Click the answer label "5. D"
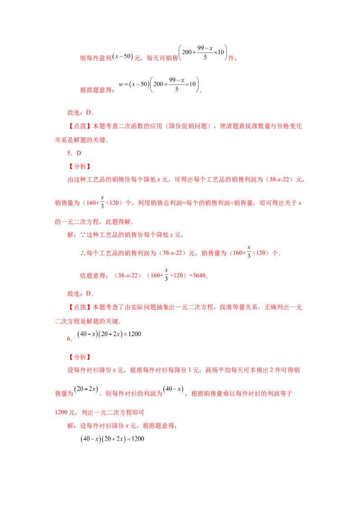coord(74,153)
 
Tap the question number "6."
coord(70,339)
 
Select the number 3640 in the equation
coord(199,275)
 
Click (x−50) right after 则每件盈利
coord(122,56)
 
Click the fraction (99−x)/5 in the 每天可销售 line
coord(205,53)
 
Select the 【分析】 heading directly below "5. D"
coord(80,166)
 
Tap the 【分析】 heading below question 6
coord(80,357)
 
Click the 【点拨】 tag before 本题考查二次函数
coord(80,126)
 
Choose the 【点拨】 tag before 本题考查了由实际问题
coord(80,307)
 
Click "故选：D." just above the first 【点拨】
coord(80,113)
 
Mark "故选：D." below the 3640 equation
coord(80,294)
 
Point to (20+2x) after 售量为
coord(86,389)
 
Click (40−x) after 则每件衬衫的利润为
coord(174,389)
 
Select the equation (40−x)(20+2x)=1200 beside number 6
coord(109,334)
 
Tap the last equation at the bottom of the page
coord(112,439)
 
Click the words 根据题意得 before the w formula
coord(96,90)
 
